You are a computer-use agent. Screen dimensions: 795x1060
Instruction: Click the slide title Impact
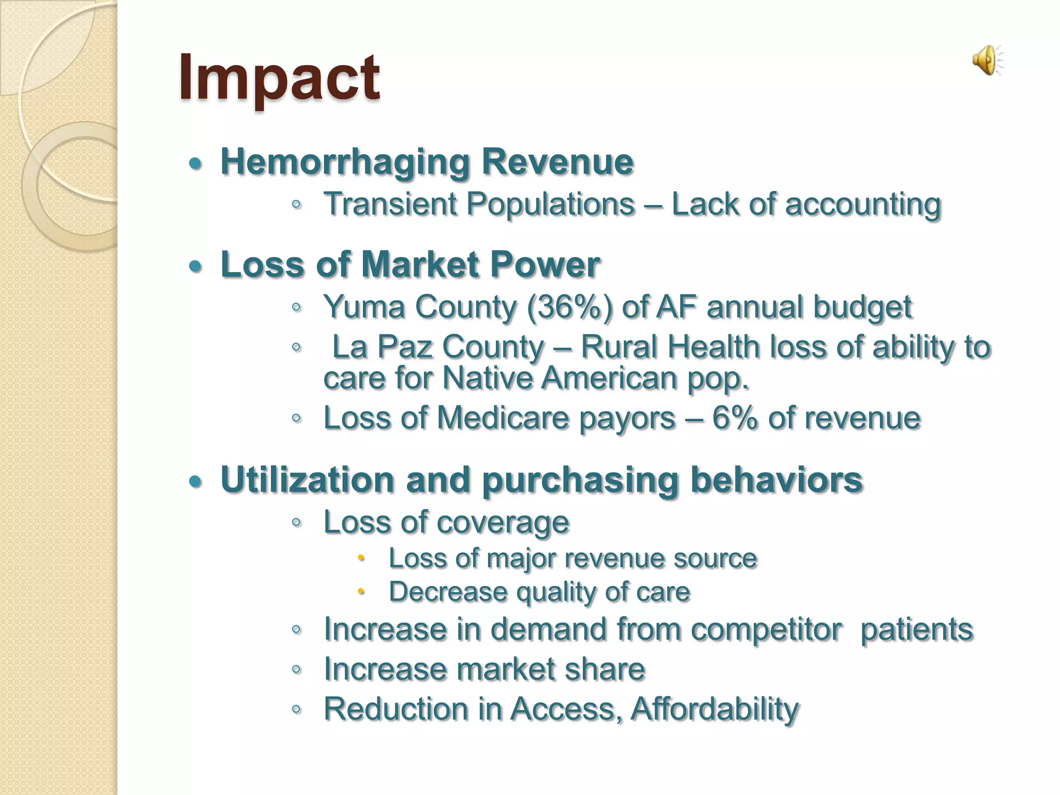coord(279,78)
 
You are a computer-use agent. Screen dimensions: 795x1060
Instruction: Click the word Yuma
coord(364,307)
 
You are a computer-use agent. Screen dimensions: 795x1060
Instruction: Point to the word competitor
coord(766,629)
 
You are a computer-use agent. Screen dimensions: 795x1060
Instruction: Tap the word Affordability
coord(715,709)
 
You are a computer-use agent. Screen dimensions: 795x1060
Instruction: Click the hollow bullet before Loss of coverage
coord(296,522)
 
